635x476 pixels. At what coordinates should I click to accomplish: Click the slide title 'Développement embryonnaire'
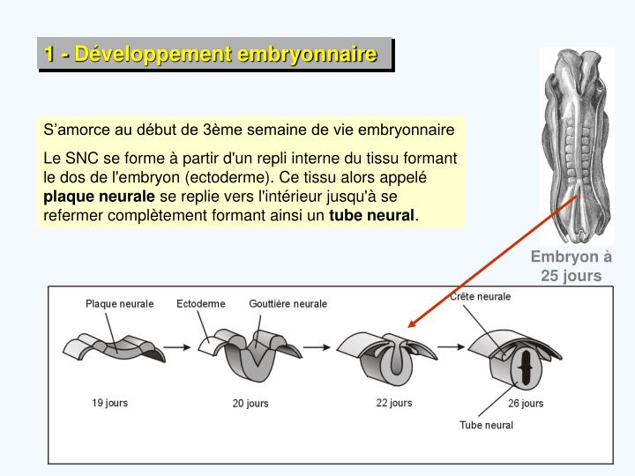point(214,55)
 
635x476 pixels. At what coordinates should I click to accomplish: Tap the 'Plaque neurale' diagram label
point(119,304)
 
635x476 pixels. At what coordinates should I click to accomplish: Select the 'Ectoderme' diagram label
point(201,304)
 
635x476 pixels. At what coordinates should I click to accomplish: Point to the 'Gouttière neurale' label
point(288,304)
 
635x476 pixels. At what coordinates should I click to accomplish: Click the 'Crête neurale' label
point(480,297)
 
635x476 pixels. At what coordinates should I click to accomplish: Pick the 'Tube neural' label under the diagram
point(486,425)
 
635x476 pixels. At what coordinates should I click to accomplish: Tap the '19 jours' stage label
point(110,403)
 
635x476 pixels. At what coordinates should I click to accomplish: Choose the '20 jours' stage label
point(250,404)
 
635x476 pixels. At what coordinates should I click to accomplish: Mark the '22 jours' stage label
point(394,403)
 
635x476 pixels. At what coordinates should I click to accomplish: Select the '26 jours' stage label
point(526,404)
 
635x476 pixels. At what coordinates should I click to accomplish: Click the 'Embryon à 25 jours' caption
point(571,266)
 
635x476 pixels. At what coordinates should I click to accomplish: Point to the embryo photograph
point(577,145)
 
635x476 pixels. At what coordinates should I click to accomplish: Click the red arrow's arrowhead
point(411,324)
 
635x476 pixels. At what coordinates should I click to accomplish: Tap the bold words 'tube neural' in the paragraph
point(371,215)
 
